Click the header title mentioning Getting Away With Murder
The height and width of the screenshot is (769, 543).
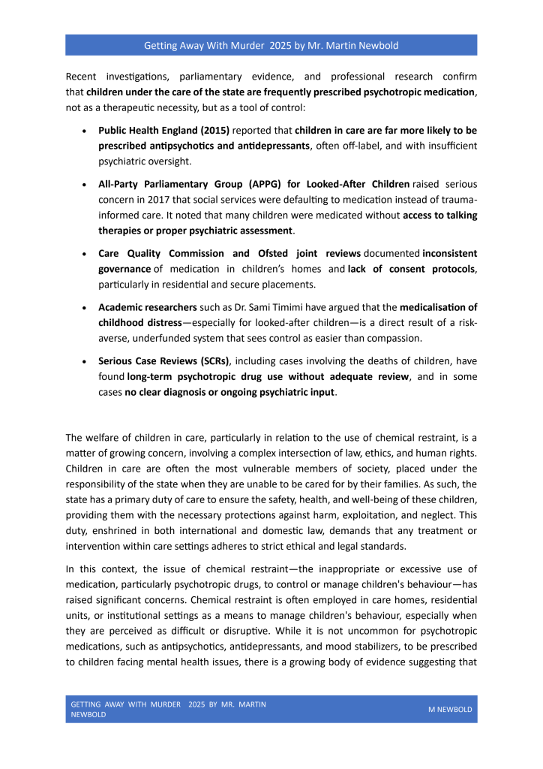point(271,45)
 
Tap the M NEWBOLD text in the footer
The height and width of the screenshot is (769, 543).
point(450,709)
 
